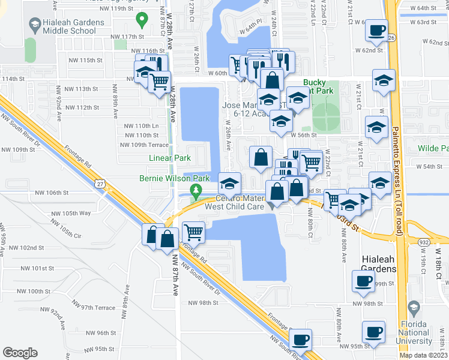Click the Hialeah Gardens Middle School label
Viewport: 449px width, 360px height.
66,27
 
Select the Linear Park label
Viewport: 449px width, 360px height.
170,158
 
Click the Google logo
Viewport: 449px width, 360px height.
20,352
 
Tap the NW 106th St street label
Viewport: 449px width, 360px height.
53,193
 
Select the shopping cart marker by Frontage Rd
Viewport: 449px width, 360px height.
193,231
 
